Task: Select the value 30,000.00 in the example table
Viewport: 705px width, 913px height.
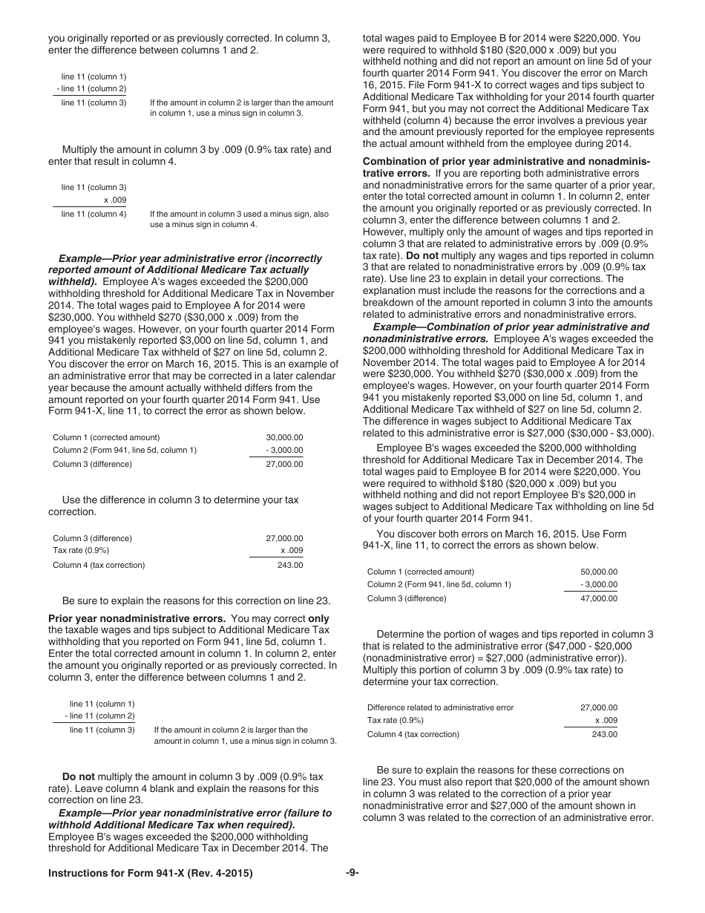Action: point(284,437)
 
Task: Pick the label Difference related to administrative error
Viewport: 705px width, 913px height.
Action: point(440,707)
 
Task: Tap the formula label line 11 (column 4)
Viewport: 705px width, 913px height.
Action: point(94,214)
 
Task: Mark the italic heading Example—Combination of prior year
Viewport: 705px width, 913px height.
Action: point(511,327)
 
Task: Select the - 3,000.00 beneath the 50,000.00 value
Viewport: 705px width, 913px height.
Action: point(598,584)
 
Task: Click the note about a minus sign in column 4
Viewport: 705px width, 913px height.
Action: point(239,219)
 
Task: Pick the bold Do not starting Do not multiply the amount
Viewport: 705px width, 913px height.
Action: point(79,776)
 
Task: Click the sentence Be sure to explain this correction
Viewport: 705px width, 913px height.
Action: point(196,601)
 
